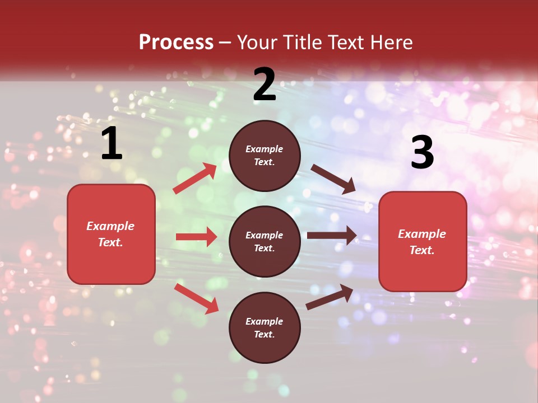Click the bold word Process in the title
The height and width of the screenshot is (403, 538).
[176, 42]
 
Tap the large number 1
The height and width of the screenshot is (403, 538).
[112, 144]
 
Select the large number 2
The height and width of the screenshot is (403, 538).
[265, 85]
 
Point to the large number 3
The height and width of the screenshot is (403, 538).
[422, 152]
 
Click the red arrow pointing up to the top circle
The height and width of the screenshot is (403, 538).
[195, 179]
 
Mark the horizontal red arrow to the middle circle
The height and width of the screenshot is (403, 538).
[196, 237]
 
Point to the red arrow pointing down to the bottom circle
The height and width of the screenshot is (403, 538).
[196, 298]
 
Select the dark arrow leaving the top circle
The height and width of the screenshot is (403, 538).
[333, 179]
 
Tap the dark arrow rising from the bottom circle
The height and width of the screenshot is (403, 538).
[330, 297]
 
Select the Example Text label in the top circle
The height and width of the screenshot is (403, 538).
[265, 156]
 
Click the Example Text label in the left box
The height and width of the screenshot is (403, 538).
[110, 234]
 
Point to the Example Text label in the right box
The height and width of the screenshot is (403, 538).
[422, 242]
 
